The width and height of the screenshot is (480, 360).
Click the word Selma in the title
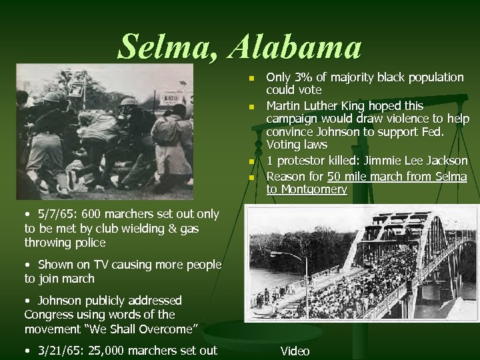(168, 47)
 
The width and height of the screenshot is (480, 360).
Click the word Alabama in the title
(295, 47)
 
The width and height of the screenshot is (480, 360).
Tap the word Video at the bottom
(295, 351)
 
